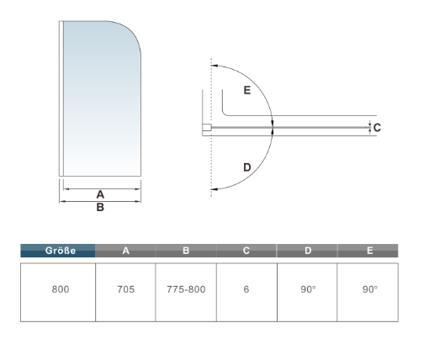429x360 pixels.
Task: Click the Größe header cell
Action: tap(57, 251)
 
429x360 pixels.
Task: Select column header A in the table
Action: tap(125, 251)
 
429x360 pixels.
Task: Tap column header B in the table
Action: tap(186, 251)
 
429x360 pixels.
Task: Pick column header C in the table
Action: tap(246, 251)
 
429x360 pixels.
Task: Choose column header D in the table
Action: tap(307, 251)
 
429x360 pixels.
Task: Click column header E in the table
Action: tap(368, 251)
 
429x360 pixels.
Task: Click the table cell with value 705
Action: tap(125, 289)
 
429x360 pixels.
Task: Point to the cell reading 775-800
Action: tap(186, 289)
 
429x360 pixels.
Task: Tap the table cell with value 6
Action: tap(246, 289)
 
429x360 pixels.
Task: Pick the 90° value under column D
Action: tap(307, 289)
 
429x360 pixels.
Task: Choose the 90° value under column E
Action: tap(368, 289)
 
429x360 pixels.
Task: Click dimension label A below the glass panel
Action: tap(99, 194)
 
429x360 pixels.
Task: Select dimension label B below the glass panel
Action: tap(99, 207)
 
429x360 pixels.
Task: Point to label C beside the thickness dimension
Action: tap(378, 128)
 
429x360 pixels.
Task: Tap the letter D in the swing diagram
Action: tap(246, 167)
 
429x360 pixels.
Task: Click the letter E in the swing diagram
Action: tap(246, 91)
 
